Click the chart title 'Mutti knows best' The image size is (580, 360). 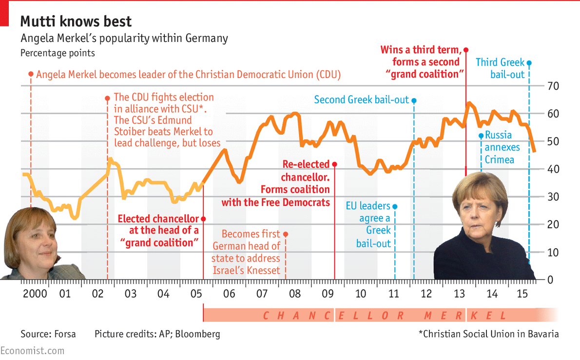(76, 21)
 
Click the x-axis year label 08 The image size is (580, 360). (294, 294)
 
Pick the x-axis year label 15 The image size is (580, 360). (522, 294)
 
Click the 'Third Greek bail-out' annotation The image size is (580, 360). (500, 68)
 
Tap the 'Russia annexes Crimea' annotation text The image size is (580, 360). (502, 147)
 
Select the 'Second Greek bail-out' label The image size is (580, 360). (361, 100)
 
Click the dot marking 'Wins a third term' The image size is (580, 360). (465, 50)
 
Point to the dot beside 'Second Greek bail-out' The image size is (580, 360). (414, 100)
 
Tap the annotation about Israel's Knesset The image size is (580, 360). (246, 252)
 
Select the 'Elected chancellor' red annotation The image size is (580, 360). (158, 230)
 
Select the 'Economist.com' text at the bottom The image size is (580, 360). (32, 351)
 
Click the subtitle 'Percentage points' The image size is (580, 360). (58, 53)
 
